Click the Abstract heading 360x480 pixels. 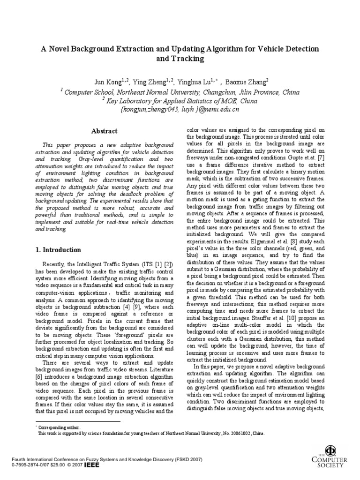coord(105,131)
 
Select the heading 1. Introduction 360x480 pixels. coord(59,250)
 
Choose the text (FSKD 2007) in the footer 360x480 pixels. coord(186,459)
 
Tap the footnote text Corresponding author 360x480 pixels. coord(59,427)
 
